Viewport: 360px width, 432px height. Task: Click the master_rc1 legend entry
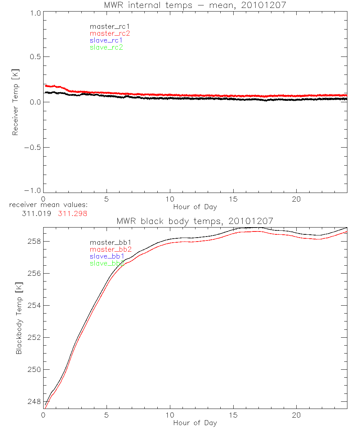click(106, 26)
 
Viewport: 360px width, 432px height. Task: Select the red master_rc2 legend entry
click(110, 33)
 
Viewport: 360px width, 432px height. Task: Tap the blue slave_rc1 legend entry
click(106, 40)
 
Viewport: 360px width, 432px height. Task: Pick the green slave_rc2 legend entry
click(106, 48)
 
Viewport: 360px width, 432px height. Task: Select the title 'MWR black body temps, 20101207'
click(195, 221)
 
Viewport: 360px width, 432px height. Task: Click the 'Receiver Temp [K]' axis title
click(15, 102)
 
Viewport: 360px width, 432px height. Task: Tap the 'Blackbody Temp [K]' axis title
click(19, 318)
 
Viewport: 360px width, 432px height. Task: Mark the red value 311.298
click(73, 213)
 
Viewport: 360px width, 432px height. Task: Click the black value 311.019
click(38, 213)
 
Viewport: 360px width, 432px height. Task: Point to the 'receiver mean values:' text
click(48, 205)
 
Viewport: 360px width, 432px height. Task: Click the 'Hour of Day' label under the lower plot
click(195, 423)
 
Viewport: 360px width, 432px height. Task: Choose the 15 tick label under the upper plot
click(233, 199)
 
